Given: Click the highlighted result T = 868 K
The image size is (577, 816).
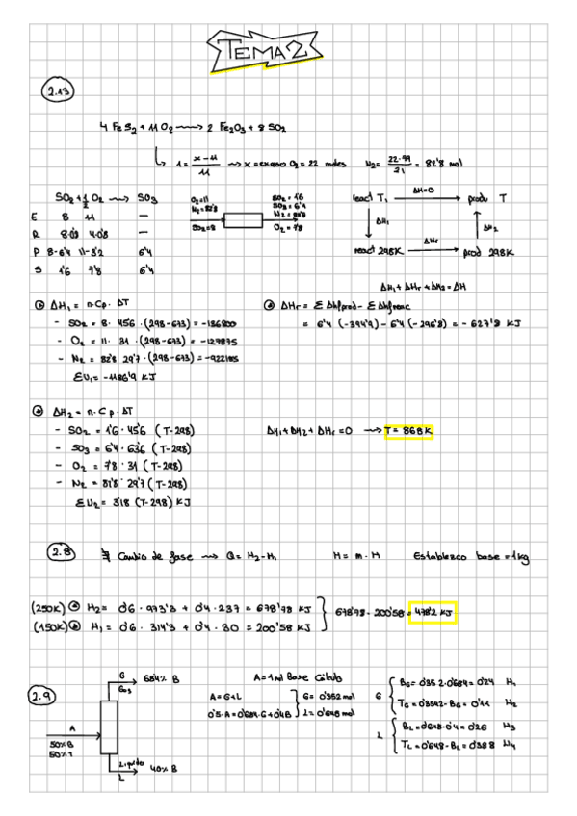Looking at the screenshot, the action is [x=408, y=431].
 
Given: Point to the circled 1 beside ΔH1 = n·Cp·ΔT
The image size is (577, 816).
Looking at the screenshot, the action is [x=37, y=306].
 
